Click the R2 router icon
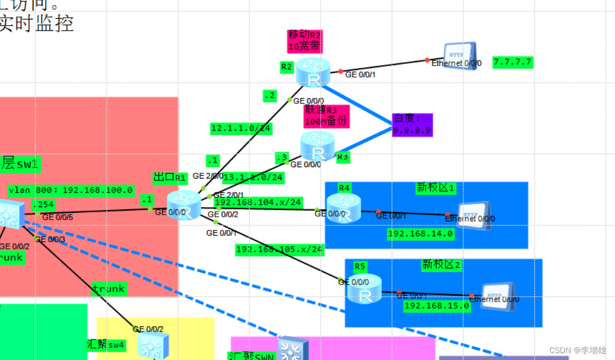point(313,72)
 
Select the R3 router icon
point(318,146)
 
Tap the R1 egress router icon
point(184,205)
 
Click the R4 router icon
point(344,208)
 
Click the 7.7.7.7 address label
point(512,62)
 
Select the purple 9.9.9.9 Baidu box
point(412,125)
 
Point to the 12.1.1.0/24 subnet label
point(241,128)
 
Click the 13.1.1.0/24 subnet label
point(253,177)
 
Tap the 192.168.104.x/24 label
point(258,202)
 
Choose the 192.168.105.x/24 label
point(280,249)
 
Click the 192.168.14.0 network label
point(420,233)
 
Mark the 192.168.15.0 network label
point(436,306)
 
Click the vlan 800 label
point(71,190)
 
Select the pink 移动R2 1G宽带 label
point(305,41)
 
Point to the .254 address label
point(43,204)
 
